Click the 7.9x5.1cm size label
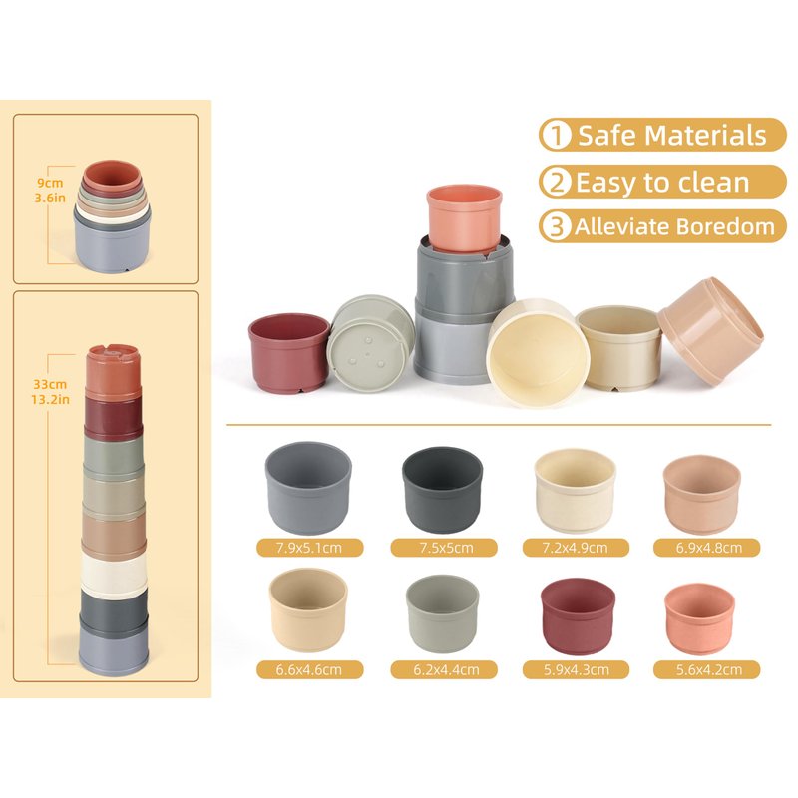309,548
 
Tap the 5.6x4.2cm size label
707,669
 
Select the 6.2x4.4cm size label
445,669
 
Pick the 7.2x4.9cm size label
576,548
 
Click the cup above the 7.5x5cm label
442,490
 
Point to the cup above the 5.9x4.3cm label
579,616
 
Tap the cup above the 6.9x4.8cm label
702,494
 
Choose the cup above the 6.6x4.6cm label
308,609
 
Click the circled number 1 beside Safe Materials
556,136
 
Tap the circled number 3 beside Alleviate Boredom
556,226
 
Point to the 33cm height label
50,384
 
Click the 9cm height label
50,183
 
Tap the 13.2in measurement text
50,400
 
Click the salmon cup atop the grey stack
464,218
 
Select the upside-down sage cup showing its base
370,344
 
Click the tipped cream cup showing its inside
538,353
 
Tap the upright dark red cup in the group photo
289,352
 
